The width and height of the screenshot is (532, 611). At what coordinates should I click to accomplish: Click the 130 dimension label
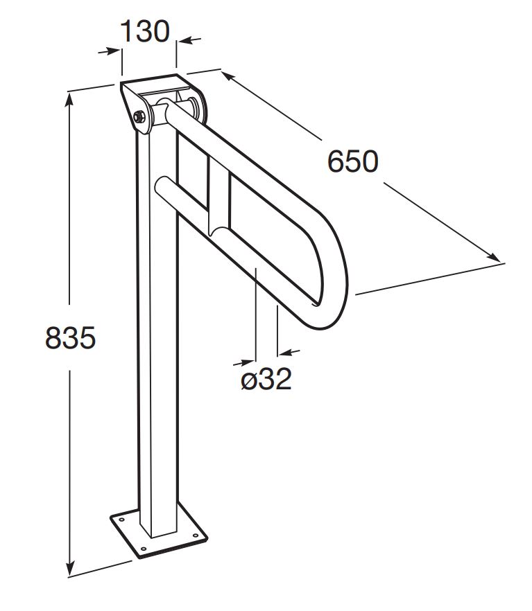tap(145, 31)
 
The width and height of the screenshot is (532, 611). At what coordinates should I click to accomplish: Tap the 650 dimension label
tap(352, 161)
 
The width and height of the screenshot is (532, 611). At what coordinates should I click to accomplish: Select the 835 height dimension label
tap(70, 337)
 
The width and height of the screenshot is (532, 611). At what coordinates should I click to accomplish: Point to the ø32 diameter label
tap(266, 379)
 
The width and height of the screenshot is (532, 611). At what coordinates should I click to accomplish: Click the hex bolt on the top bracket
tap(139, 116)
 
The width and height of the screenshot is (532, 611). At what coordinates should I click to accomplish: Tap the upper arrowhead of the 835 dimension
tap(69, 100)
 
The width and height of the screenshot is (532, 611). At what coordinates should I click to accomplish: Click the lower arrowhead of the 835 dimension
tap(70, 568)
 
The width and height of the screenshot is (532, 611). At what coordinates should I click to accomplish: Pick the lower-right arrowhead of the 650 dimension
tap(493, 257)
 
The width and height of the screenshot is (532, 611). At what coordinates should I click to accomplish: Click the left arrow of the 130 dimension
tap(109, 51)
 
